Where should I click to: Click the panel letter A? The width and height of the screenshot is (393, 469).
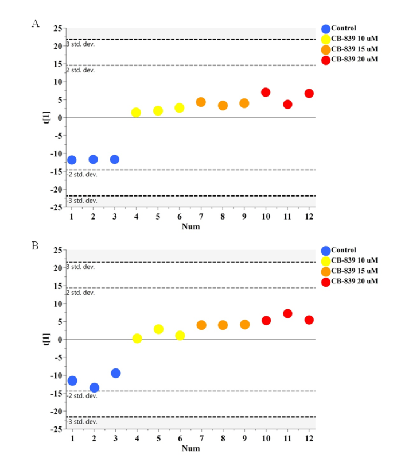[36, 24]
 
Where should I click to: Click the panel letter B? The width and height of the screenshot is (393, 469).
[36, 245]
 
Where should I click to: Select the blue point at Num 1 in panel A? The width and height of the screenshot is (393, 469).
[72, 160]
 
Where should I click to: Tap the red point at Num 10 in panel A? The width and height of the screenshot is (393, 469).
[266, 92]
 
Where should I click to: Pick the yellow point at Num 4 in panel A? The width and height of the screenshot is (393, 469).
[136, 113]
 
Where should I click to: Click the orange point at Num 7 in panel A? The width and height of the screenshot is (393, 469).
[201, 102]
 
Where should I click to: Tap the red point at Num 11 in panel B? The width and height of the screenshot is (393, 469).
[287, 314]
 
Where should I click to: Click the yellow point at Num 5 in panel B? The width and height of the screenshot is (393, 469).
[158, 329]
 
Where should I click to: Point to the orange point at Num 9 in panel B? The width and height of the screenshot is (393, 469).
[245, 325]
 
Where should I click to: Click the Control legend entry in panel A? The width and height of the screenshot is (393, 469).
[344, 28]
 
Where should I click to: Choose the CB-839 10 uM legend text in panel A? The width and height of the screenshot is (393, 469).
[355, 39]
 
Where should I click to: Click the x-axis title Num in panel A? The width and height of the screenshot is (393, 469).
[190, 226]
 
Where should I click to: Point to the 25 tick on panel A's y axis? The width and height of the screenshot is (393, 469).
[57, 28]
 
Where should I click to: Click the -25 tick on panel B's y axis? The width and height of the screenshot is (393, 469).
[56, 429]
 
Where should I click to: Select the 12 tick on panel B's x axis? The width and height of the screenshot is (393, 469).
[309, 439]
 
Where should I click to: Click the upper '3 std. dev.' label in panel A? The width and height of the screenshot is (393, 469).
[81, 44]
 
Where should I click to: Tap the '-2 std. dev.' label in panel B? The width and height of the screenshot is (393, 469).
[81, 396]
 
